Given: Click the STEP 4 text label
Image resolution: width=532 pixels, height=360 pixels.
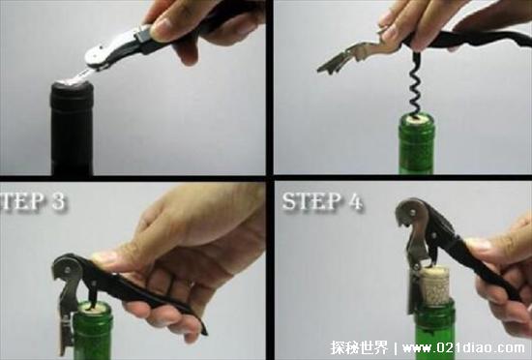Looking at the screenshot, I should tap(323, 203).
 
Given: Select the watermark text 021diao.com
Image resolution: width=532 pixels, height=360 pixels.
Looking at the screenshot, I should tap(480, 345).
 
